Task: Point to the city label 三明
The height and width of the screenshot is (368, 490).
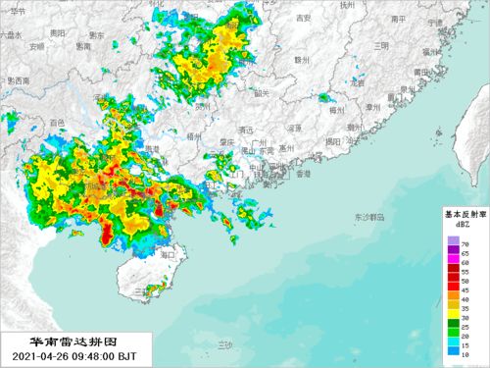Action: click(380, 45)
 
